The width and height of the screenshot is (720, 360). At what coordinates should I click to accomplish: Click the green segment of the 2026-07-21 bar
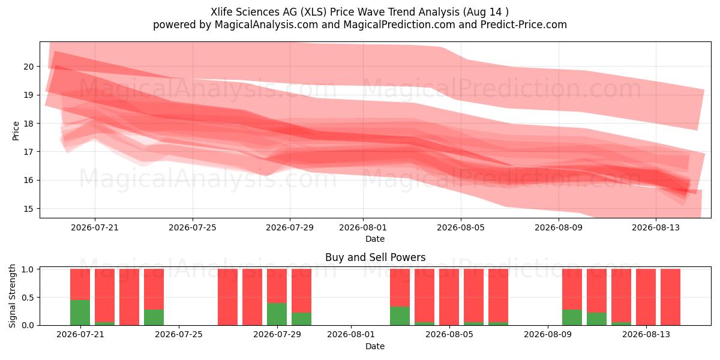[x=80, y=313]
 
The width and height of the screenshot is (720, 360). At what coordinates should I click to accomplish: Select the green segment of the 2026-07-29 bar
[x=277, y=314]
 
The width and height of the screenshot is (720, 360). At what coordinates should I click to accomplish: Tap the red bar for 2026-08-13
[x=646, y=297]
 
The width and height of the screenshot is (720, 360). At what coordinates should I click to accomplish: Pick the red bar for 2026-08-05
[x=449, y=297]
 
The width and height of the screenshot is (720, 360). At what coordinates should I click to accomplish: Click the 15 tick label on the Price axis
[x=29, y=209]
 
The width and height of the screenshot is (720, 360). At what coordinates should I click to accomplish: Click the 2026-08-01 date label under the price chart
[x=363, y=227]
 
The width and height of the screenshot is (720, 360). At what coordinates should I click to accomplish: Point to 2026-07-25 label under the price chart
[x=193, y=227]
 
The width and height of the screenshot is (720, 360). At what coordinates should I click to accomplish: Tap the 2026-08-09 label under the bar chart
[x=548, y=335]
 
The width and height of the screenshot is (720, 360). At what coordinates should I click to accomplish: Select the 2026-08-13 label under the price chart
[x=656, y=227]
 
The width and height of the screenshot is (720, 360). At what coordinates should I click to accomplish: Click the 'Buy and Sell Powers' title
[x=375, y=257]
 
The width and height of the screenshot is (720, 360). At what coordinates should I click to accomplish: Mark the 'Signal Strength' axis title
[x=12, y=296]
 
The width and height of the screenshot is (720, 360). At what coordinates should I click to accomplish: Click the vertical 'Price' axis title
[x=16, y=131]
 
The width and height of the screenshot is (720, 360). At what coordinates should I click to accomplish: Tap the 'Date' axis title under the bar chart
[x=375, y=346]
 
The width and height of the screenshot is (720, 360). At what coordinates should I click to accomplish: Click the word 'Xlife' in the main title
[x=221, y=12]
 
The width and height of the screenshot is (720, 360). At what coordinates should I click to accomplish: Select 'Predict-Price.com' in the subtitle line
[x=524, y=25]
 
